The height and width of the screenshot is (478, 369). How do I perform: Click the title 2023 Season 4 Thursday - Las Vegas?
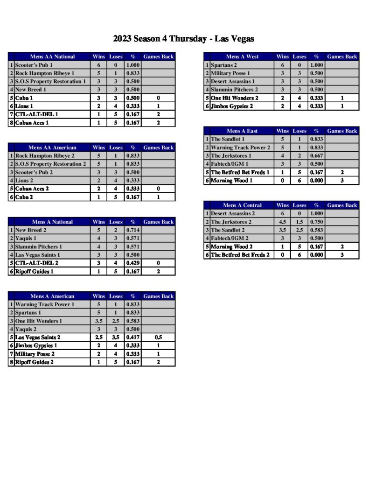(183, 38)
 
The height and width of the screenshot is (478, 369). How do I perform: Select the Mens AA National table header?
(52, 57)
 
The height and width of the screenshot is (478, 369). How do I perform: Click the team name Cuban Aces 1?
(32, 123)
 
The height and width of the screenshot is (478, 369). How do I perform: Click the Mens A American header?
(52, 296)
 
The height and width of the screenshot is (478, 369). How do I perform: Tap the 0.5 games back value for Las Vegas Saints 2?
(158, 337)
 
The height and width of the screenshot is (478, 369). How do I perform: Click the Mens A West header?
(242, 57)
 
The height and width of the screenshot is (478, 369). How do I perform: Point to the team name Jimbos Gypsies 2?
(232, 106)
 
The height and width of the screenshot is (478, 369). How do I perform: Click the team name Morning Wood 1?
(231, 181)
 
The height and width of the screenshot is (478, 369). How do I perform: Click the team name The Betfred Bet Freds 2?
(240, 255)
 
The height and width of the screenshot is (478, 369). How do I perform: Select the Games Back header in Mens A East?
(342, 131)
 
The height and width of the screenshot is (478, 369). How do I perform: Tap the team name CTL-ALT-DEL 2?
(37, 263)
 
